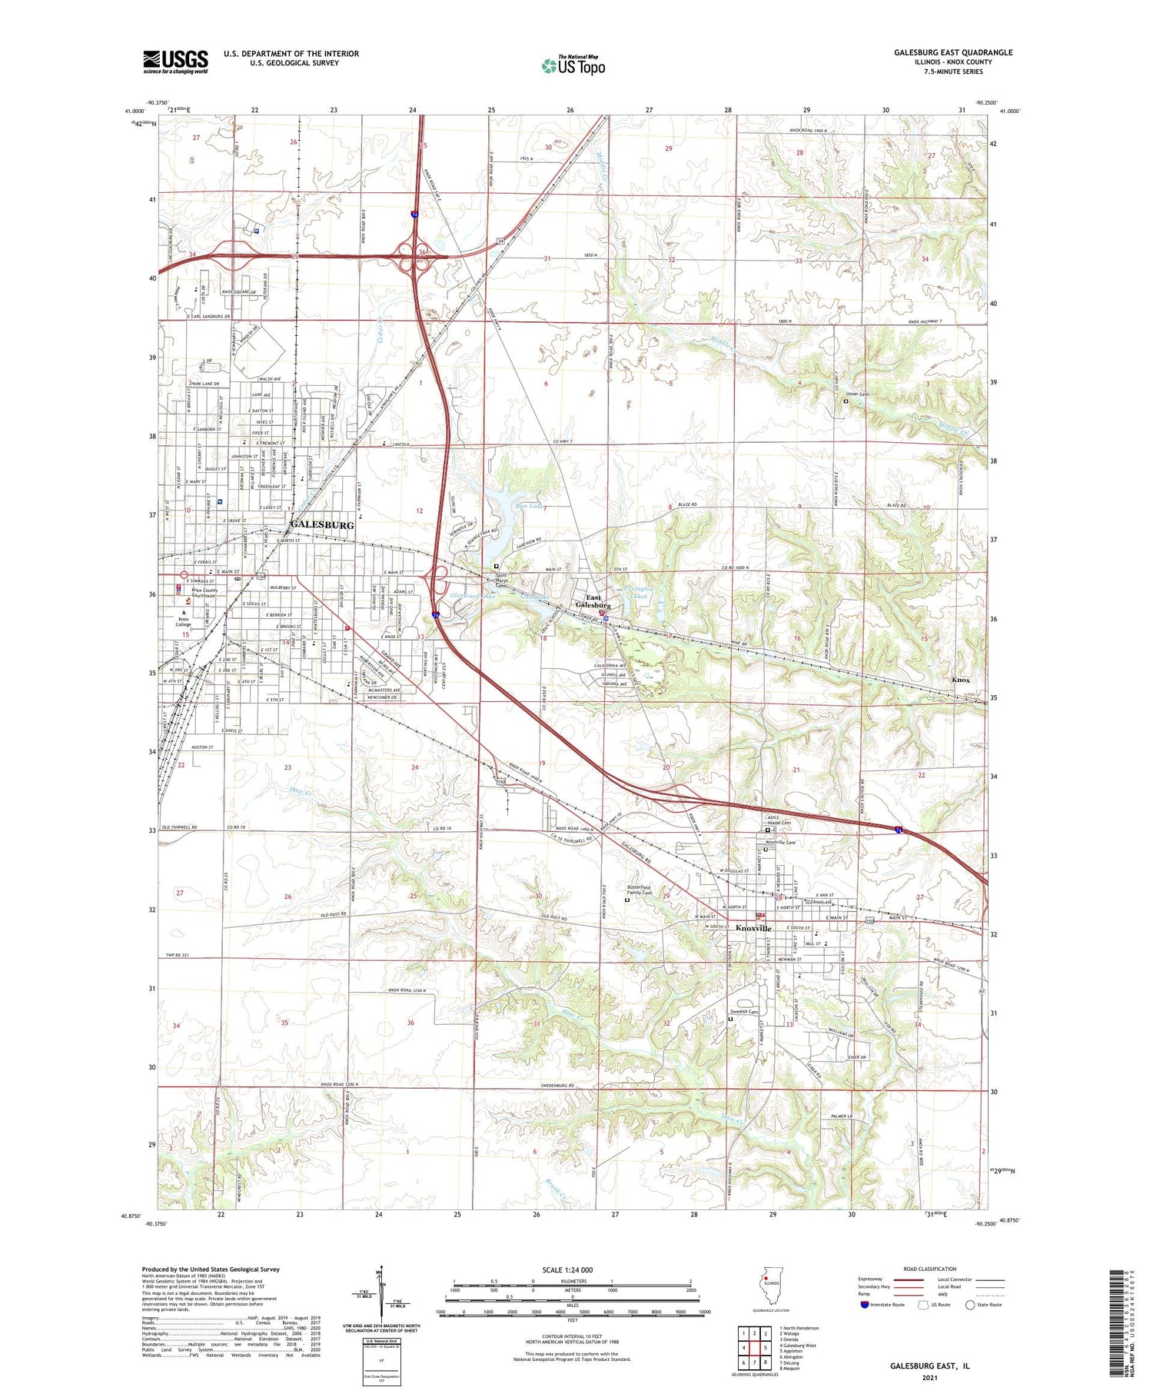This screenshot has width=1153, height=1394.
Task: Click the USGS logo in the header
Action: [x=175, y=62]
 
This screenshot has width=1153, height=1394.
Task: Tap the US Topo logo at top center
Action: [x=573, y=65]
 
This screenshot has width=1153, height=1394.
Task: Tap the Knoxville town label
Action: [x=753, y=929]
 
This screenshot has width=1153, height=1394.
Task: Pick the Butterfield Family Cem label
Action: [x=637, y=890]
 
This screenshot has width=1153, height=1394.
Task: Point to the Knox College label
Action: [x=183, y=621]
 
